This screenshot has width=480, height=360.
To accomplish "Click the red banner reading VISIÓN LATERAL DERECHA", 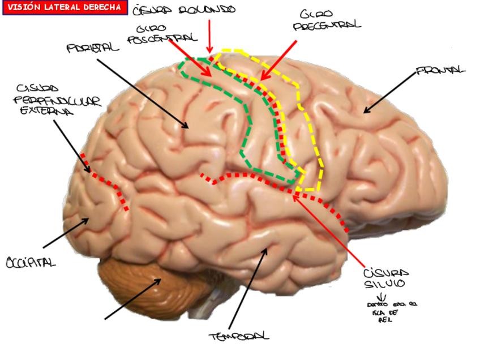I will pyautogui.click(x=63, y=7).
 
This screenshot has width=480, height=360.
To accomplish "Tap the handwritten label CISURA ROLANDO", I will pyautogui.click(x=183, y=11).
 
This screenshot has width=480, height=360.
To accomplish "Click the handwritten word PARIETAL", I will pyautogui.click(x=93, y=48).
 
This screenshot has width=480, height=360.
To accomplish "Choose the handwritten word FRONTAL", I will pyautogui.click(x=441, y=71).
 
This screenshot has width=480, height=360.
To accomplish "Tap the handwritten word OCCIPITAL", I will pyautogui.click(x=31, y=262).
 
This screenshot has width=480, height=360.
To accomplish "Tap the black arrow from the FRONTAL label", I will pyautogui.click(x=391, y=91).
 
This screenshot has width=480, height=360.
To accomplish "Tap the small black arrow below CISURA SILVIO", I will pyautogui.click(x=382, y=297).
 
